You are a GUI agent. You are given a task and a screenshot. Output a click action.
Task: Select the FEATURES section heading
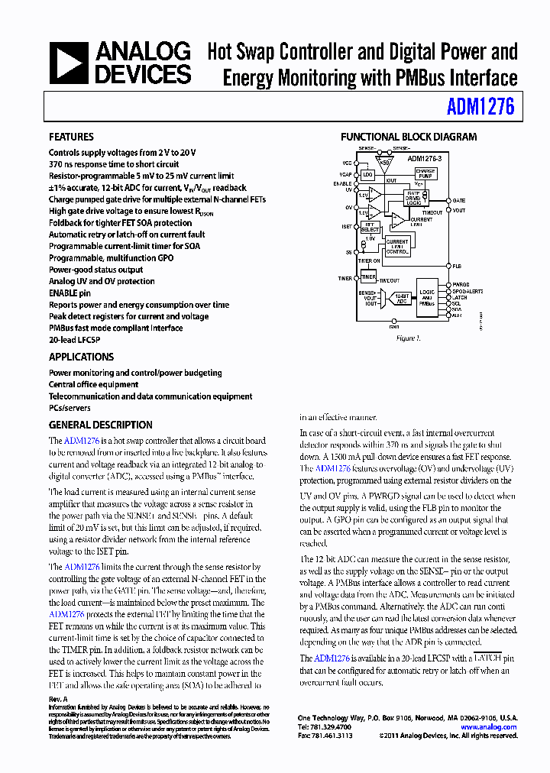point(71,137)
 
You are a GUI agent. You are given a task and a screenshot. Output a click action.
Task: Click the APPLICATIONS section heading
point(81,357)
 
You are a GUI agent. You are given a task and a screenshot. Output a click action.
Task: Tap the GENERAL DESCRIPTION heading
point(100,425)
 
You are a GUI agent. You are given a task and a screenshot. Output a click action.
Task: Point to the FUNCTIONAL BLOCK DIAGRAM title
point(408,137)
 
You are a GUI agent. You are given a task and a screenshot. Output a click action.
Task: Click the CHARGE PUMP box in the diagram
point(425,173)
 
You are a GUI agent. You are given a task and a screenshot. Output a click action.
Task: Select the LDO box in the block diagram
point(367,175)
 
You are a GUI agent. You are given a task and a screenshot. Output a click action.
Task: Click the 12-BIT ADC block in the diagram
point(402,299)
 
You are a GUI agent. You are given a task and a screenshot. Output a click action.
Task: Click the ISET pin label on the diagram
point(346,226)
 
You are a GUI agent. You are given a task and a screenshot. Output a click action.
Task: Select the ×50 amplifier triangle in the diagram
point(385,163)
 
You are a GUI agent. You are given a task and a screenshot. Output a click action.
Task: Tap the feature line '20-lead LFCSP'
point(75,340)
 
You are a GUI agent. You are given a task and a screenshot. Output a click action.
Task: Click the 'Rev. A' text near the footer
point(59,699)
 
